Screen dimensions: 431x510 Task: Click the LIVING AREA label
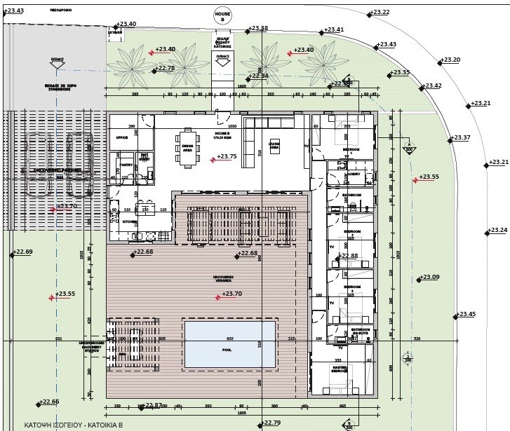(x=274, y=148)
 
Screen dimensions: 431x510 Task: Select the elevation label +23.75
(x=227, y=157)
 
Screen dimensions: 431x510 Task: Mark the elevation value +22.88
(x=348, y=256)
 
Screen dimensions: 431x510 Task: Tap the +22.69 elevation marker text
(x=23, y=252)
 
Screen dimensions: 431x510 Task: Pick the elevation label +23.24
(x=497, y=230)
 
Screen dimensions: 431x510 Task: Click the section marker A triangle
(x=408, y=148)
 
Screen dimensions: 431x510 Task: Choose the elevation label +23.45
(x=466, y=314)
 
